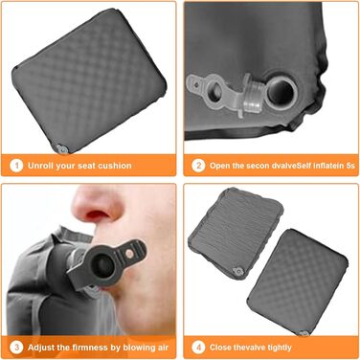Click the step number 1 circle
pos(16,166)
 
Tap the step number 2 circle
pos(198,166)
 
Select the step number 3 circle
pos(16,348)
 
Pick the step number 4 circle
pos(198,348)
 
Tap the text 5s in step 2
pos(350,166)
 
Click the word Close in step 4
pos(220,348)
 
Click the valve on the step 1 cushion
pos(61,148)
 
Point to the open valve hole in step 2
pos(281,92)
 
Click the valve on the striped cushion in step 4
pos(238,272)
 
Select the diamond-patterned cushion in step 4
pos(298,281)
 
